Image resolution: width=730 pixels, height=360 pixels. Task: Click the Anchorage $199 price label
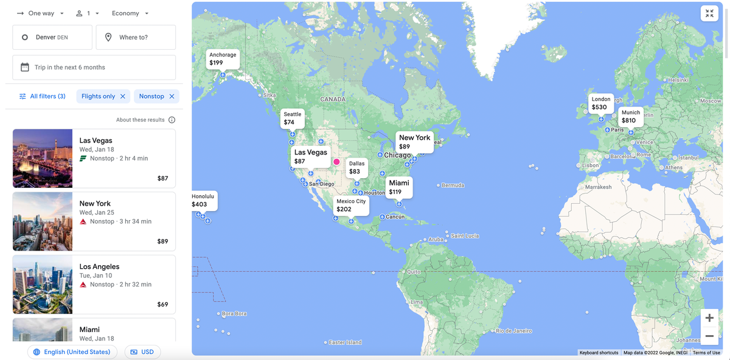tap(223, 59)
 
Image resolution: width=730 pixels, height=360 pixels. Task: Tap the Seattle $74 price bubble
tap(293, 119)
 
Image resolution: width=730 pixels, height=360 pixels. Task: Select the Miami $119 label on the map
tap(399, 187)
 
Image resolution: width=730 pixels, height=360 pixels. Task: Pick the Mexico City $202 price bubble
tap(351, 206)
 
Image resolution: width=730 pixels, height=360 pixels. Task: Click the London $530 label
tap(600, 103)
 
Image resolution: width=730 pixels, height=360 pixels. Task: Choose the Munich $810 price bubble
tap(630, 117)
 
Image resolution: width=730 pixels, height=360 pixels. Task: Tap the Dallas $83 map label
tap(356, 168)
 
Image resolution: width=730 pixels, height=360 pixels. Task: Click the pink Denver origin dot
tap(336, 162)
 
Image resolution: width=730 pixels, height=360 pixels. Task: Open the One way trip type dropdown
tap(41, 13)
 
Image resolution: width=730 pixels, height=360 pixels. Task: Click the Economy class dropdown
tap(130, 13)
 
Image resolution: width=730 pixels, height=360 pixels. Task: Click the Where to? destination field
tap(136, 37)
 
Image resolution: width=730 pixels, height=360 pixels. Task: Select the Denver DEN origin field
tap(52, 37)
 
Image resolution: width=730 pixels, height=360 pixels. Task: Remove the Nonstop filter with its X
tap(172, 96)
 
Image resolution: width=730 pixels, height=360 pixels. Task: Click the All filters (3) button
tap(42, 96)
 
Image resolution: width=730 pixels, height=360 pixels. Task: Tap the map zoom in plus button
tap(709, 318)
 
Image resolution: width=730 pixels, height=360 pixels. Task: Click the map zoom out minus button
tap(709, 336)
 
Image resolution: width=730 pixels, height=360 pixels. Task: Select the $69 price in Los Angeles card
tap(162, 304)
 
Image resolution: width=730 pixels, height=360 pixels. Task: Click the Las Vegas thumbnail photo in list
tap(43, 158)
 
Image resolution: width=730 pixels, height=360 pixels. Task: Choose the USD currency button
tap(143, 352)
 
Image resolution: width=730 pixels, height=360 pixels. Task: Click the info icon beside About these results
tap(172, 120)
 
